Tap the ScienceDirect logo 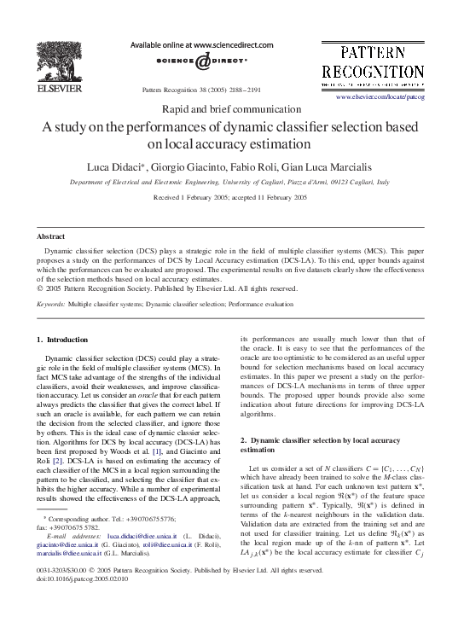coord(202,61)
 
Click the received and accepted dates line coord(229,197)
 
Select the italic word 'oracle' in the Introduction coord(160,388)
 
